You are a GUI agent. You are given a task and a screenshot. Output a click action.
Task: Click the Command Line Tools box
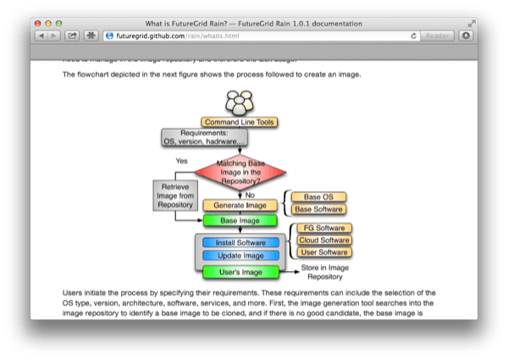(x=240, y=122)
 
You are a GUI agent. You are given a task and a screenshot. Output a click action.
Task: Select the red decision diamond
(x=239, y=172)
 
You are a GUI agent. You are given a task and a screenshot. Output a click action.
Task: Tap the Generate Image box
(x=240, y=205)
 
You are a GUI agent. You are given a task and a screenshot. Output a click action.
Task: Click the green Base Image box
(x=240, y=220)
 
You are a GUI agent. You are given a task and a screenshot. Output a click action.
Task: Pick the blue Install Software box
(x=240, y=242)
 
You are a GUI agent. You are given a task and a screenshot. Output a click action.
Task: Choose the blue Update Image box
(x=240, y=255)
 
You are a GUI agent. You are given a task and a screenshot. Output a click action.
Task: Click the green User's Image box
(x=240, y=272)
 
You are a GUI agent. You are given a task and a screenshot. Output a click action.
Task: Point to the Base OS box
(x=319, y=197)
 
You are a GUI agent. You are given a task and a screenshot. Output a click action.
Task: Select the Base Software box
(x=319, y=209)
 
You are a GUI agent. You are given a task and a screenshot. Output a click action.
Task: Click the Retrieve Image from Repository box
(x=174, y=196)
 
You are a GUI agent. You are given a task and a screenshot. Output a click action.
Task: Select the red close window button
(x=39, y=20)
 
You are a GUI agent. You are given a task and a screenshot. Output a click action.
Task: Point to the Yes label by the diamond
(x=181, y=160)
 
